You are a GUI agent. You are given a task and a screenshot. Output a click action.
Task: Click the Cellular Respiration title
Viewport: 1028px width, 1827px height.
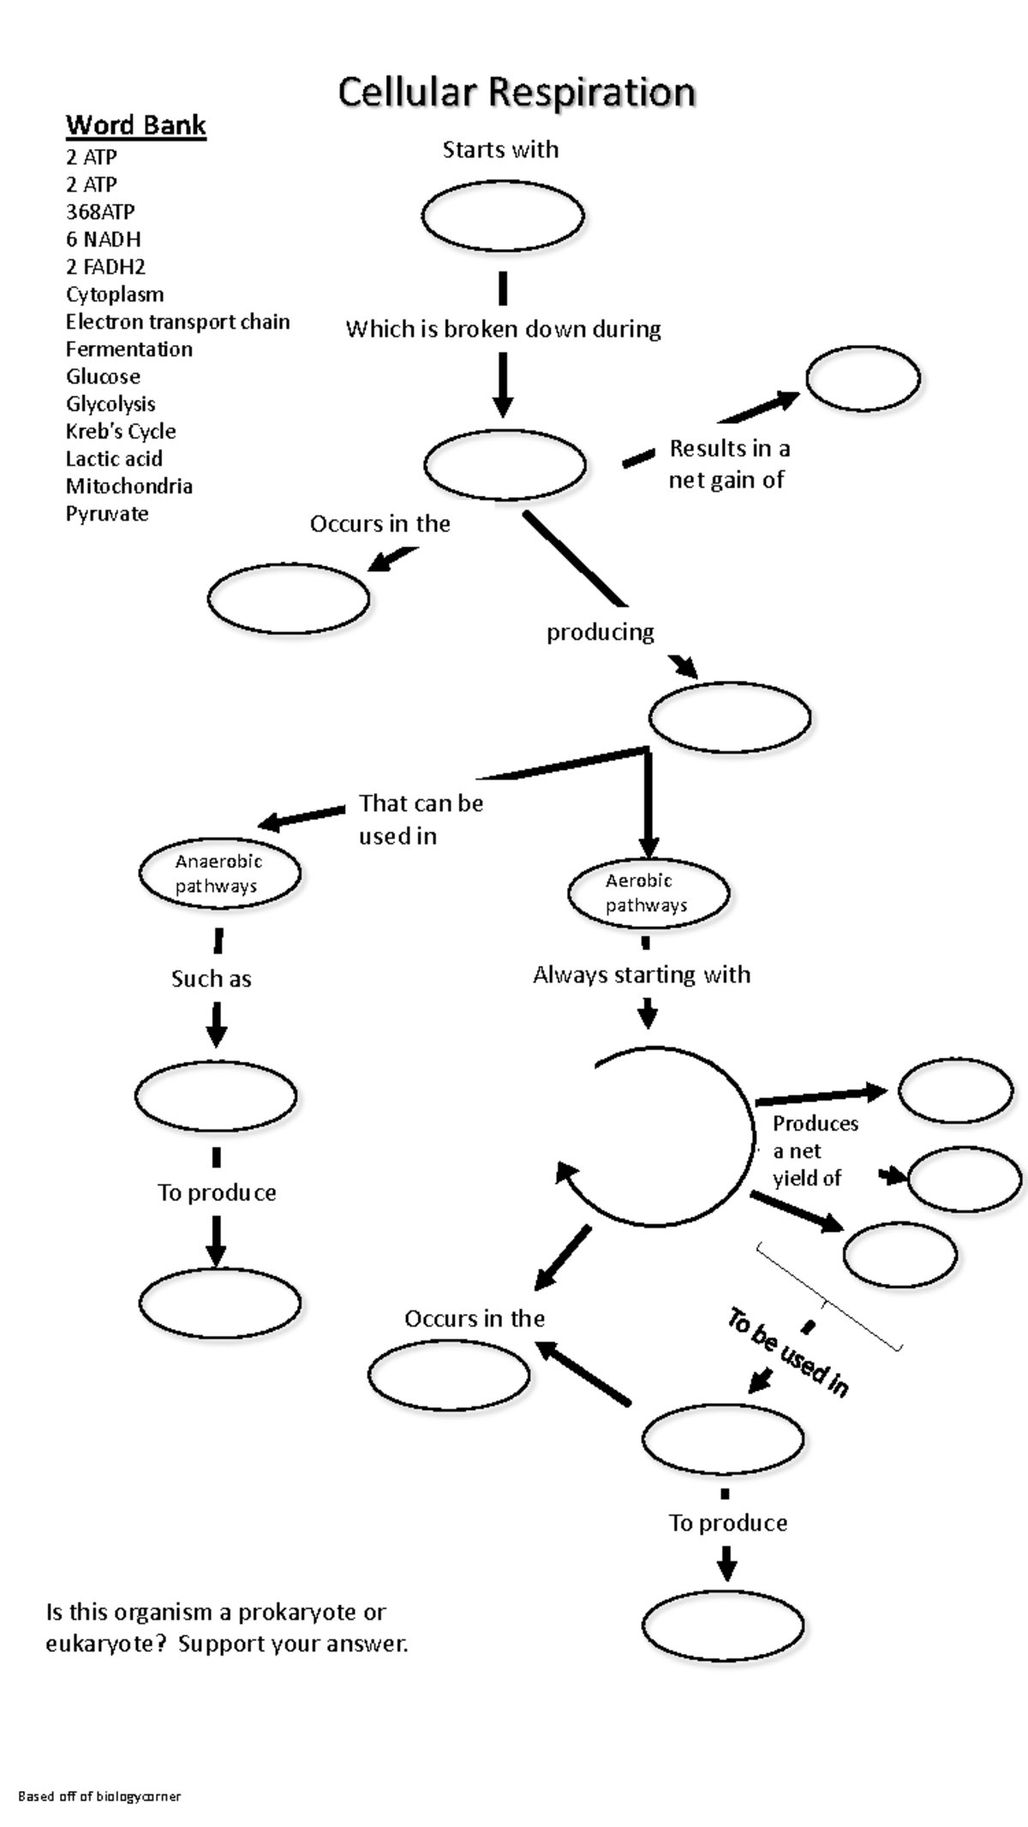pos(516,93)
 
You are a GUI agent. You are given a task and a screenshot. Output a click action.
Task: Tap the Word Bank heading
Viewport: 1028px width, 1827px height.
pos(135,125)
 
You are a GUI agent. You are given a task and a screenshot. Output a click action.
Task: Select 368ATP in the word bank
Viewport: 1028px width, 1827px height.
pos(100,212)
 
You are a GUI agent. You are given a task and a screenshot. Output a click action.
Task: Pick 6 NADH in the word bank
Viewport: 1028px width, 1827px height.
pos(103,239)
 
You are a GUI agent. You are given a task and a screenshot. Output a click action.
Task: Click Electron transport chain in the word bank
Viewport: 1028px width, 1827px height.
pos(177,321)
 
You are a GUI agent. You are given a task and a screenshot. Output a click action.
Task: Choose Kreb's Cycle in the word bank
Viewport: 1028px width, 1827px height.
pos(121,431)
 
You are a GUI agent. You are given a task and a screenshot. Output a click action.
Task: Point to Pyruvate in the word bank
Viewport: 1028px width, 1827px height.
pos(107,513)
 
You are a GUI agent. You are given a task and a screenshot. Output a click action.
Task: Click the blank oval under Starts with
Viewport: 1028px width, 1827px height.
pos(503,216)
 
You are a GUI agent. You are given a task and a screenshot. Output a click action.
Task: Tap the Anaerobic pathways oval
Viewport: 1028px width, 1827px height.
pos(219,873)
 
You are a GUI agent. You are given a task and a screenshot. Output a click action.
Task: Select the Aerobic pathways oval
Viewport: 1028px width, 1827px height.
pos(648,893)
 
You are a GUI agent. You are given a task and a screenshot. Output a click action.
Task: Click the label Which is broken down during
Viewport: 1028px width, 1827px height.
pos(503,329)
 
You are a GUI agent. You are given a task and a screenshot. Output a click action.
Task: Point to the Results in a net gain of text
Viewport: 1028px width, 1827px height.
pos(728,463)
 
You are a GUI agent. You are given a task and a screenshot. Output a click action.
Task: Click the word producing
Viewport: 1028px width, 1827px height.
pos(600,632)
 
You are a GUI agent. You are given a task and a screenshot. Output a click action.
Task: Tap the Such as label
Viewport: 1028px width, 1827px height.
pos(211,978)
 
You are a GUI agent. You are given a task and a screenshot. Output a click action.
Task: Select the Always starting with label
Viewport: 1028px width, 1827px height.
pos(641,975)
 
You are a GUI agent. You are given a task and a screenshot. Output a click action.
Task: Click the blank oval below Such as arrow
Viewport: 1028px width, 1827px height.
pos(216,1096)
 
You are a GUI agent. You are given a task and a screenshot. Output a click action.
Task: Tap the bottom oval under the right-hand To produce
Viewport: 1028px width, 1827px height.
pos(722,1626)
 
